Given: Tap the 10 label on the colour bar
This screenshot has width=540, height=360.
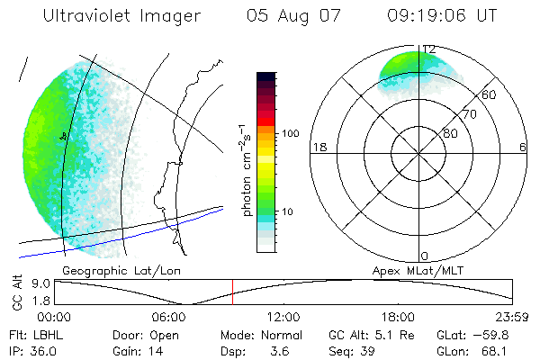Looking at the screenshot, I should click(x=288, y=211).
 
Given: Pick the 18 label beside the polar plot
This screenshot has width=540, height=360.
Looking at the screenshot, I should click(x=318, y=148).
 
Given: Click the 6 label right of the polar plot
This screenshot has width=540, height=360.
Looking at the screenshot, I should click(x=523, y=148).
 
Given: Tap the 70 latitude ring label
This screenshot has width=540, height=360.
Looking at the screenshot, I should click(x=468, y=114).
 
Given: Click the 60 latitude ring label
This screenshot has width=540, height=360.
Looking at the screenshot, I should click(x=489, y=94).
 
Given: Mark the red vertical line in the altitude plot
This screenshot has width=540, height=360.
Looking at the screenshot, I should click(x=232, y=292).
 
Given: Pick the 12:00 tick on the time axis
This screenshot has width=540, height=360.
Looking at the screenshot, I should click(x=283, y=317).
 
